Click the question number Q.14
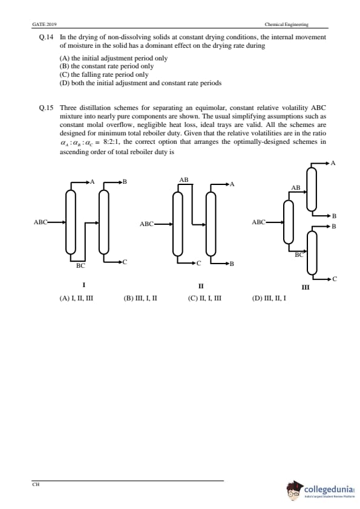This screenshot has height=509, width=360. [46, 37]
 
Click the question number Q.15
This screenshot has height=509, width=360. [46, 108]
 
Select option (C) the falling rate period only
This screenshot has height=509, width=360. [104, 75]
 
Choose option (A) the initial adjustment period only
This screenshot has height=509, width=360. [113, 58]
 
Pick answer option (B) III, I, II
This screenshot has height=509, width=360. [140, 298]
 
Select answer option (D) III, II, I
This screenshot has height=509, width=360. [269, 298]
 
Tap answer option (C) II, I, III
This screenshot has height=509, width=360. [205, 298]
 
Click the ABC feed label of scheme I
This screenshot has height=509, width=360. [41, 222]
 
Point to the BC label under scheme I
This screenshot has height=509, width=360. [80, 265]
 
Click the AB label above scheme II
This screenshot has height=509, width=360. [183, 180]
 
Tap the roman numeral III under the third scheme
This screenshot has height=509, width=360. [306, 287]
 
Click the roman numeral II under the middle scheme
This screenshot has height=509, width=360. [201, 286]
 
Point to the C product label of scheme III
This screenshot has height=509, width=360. [335, 279]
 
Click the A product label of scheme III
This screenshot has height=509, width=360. [333, 163]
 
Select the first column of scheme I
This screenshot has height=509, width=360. [71, 222]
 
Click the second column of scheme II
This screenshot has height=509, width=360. [211, 224]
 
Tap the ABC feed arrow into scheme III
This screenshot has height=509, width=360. [275, 222]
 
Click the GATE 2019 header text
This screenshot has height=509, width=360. [45, 24]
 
